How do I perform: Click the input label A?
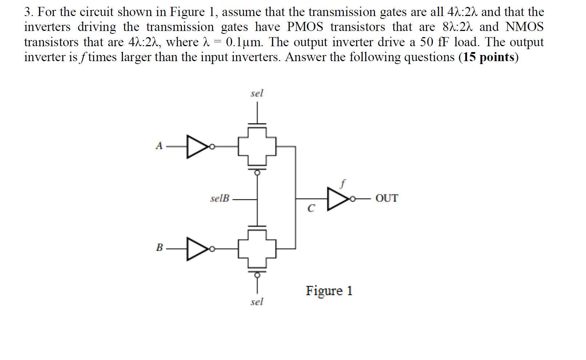point(159,146)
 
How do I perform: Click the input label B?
point(159,248)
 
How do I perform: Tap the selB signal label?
point(220,198)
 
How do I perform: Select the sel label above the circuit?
point(256,93)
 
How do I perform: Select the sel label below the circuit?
point(256,302)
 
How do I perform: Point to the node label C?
point(311,209)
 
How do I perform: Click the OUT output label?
point(387,198)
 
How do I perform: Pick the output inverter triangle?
point(338,199)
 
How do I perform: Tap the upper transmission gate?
point(257,147)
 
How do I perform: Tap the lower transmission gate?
point(257,249)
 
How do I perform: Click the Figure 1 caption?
point(329,291)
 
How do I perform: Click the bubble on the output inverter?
point(352,199)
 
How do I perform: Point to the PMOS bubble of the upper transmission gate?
point(257,173)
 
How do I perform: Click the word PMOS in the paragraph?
point(305,27)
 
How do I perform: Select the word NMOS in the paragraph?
point(524,27)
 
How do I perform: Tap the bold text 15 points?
point(489,57)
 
